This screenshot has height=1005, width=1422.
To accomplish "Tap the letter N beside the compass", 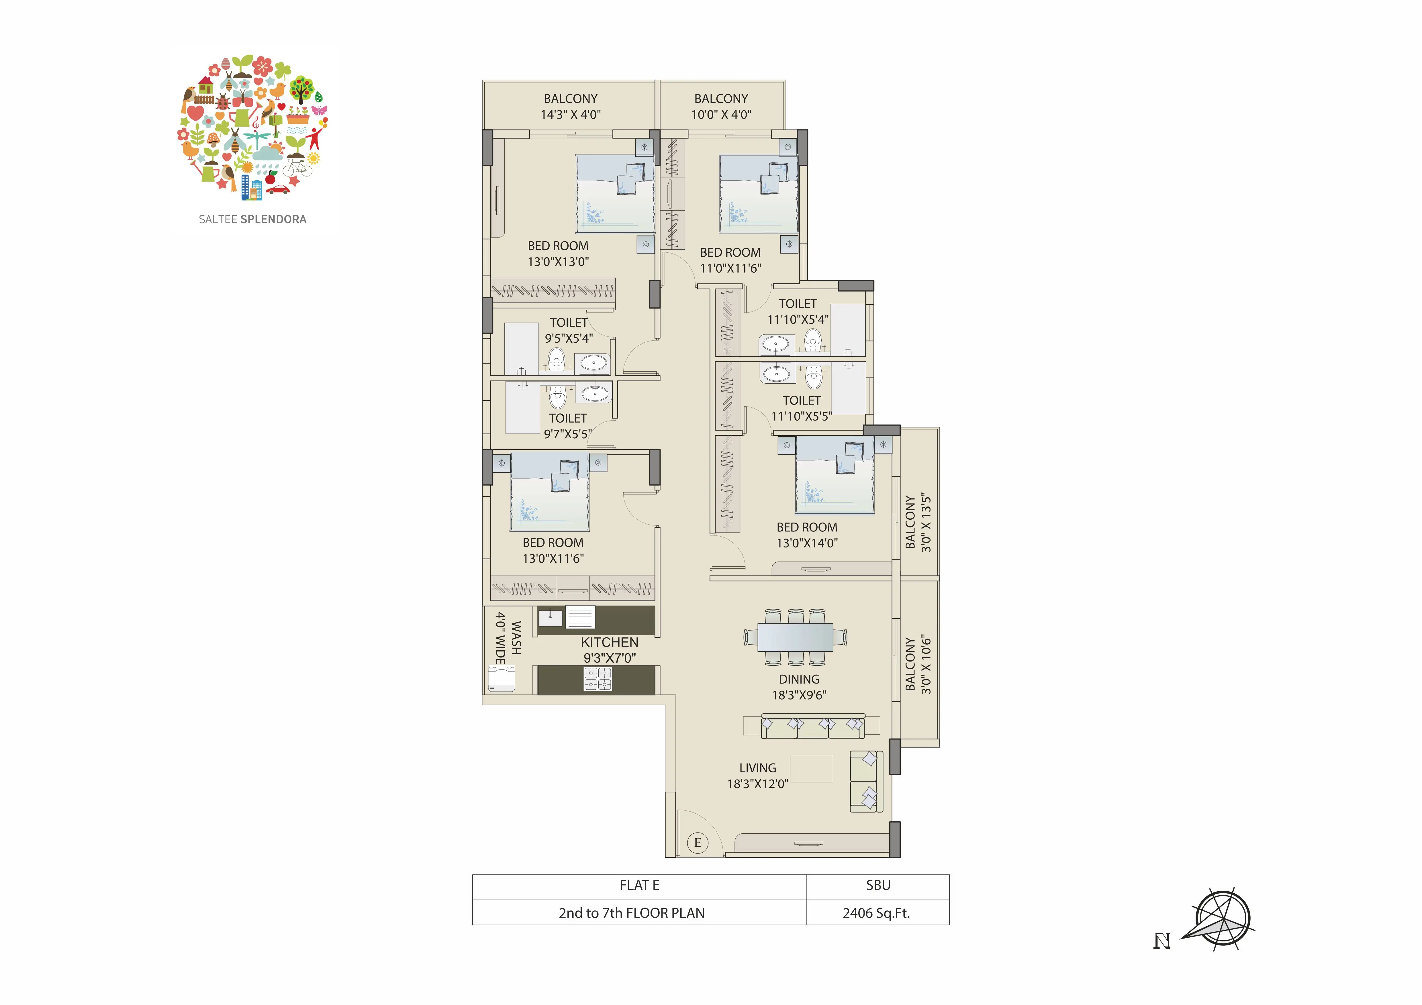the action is pyautogui.click(x=1162, y=941).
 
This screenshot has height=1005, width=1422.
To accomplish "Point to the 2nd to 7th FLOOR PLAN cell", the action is pyautogui.click(x=639, y=913).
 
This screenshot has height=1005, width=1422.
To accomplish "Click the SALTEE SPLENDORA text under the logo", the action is pyautogui.click(x=253, y=219).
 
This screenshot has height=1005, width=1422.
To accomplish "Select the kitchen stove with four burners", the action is pyautogui.click(x=598, y=679).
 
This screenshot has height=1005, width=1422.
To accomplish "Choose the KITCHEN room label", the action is pyautogui.click(x=610, y=642).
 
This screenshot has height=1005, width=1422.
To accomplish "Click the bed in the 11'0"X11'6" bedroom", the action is pyautogui.click(x=759, y=194).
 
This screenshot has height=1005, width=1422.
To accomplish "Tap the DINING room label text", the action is pyautogui.click(x=799, y=679).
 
